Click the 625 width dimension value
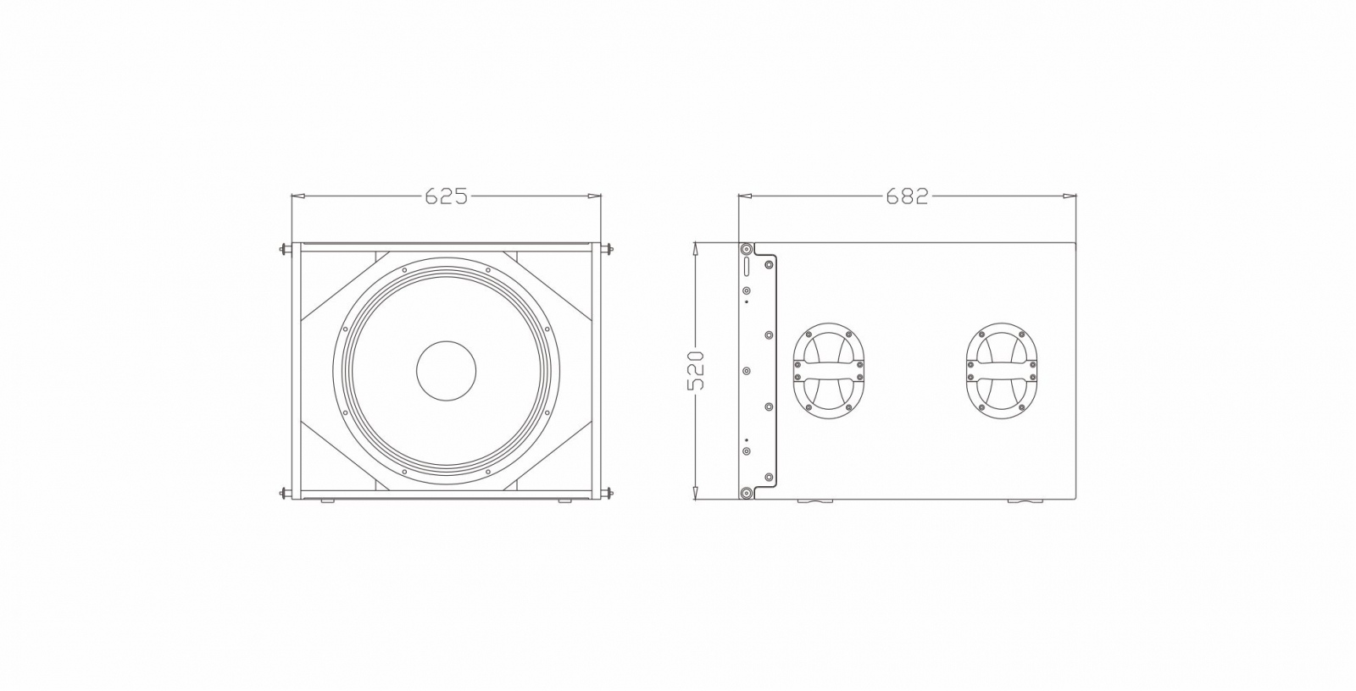(446, 196)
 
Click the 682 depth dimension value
(907, 196)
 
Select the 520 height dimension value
(697, 371)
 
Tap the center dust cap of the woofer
(446, 370)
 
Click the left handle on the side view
(829, 371)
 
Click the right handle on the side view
(1001, 371)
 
